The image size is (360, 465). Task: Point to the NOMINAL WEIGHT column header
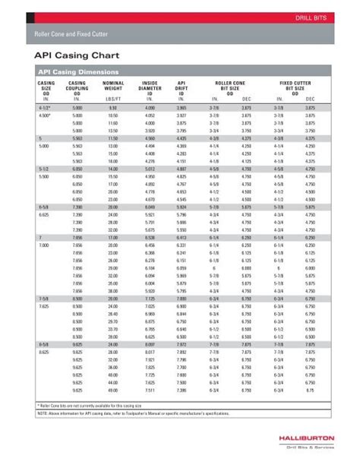pyautogui.click(x=113, y=87)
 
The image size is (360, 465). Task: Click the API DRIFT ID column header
pyautogui.click(x=182, y=87)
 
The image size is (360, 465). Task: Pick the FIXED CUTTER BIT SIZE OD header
pyautogui.click(x=297, y=87)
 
